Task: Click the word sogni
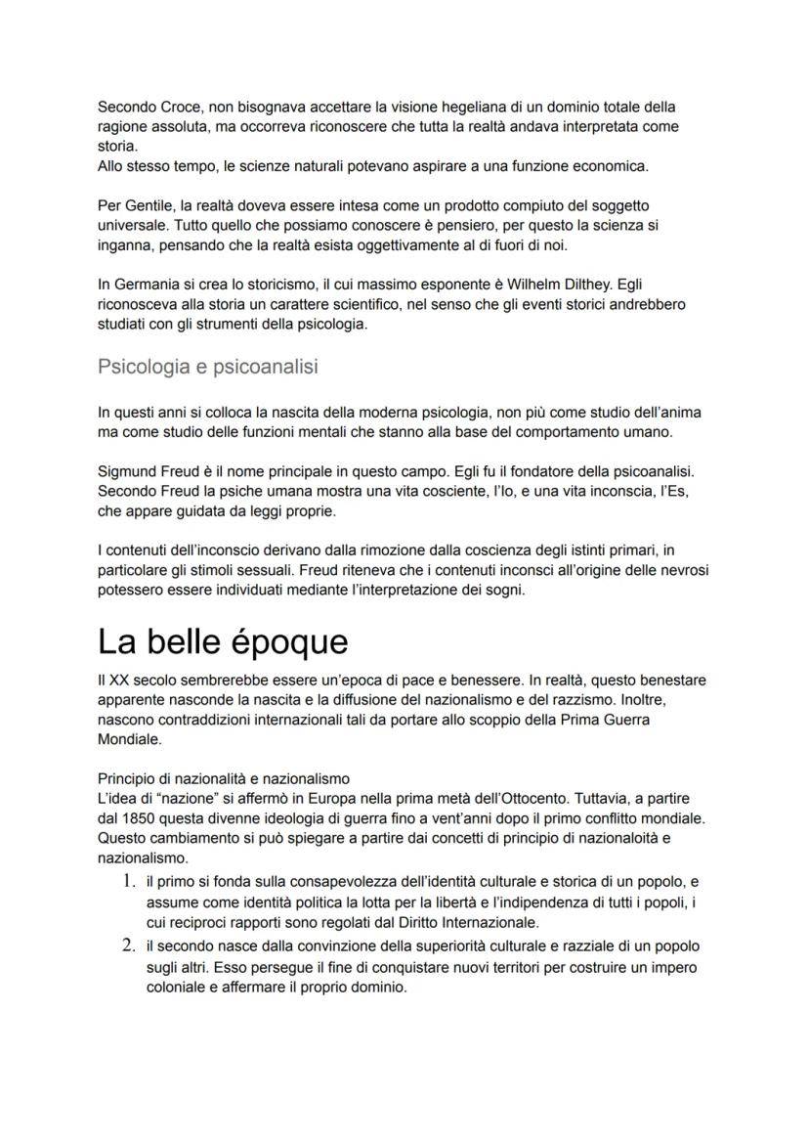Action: [504, 591]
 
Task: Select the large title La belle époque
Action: [223, 641]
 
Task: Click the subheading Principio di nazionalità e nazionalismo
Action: [224, 779]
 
